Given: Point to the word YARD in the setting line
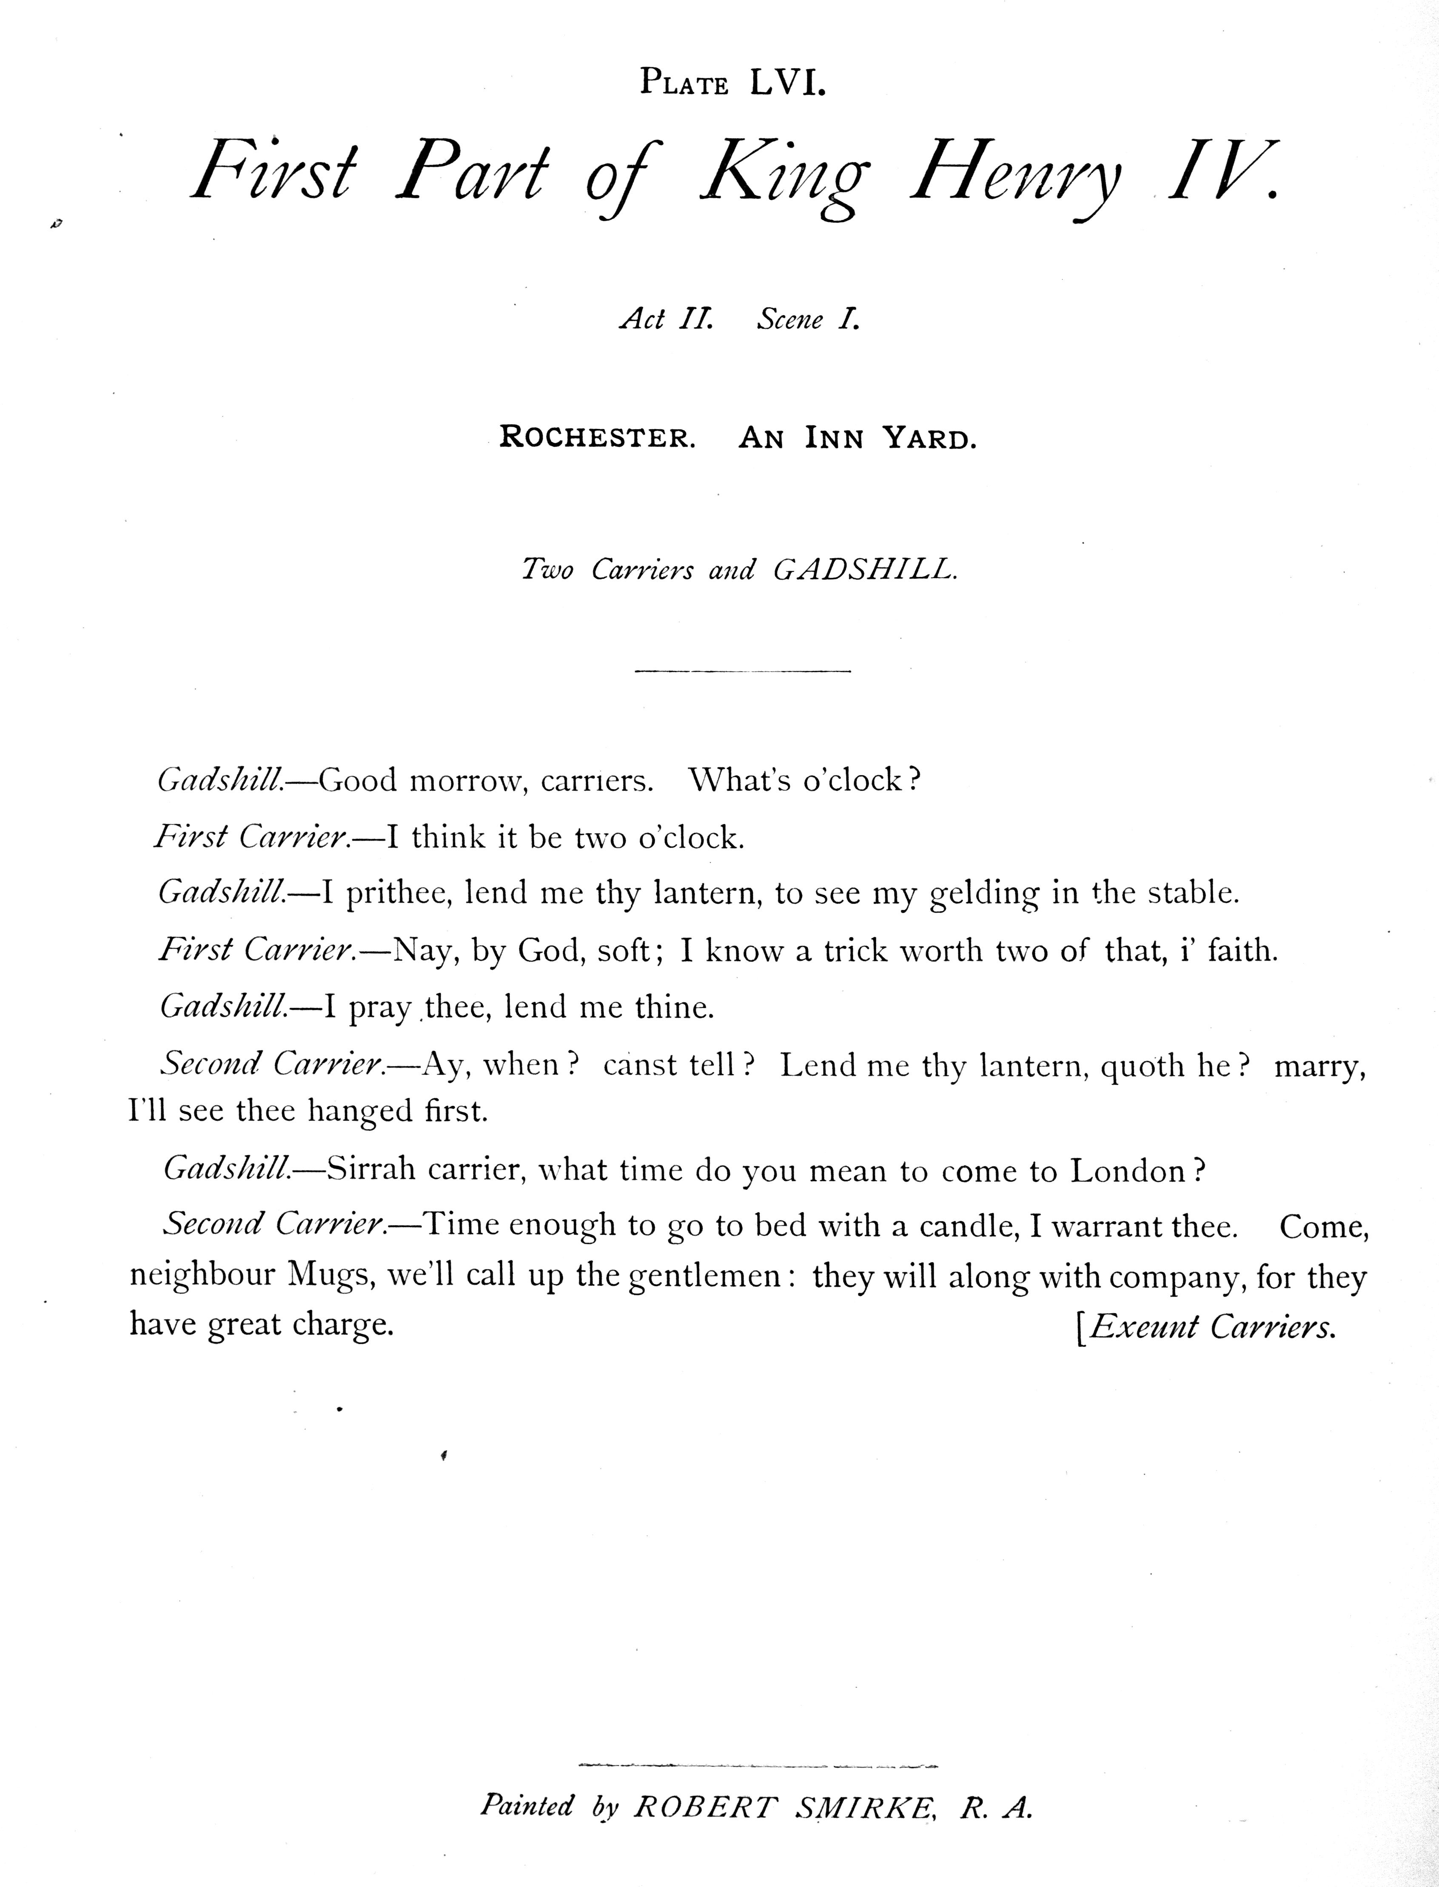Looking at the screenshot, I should [x=929, y=439].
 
